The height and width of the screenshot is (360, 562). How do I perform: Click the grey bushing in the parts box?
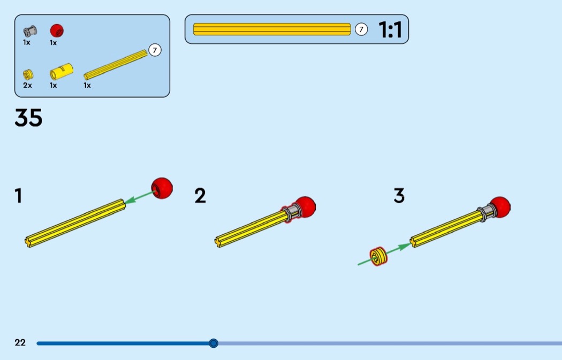pos(30,31)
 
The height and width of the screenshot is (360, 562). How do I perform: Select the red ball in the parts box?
pos(57,30)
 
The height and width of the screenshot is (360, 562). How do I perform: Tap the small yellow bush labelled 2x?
pos(28,74)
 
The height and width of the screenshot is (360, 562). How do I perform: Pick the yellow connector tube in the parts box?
pos(62,71)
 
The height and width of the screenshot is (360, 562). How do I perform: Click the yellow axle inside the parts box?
pos(116,65)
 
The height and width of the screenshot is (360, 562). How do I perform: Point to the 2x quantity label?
pos(27,85)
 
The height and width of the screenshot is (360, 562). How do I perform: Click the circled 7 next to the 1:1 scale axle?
pos(361,29)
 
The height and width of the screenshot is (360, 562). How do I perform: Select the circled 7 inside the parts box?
pos(155,50)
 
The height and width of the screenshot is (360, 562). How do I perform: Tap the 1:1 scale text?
pos(390,29)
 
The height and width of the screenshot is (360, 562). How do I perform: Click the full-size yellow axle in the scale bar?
pos(272,29)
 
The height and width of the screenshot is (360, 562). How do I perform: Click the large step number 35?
pos(28,118)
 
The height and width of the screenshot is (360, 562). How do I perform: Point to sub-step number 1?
pos(18,196)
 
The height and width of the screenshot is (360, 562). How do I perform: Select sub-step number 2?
pos(200,196)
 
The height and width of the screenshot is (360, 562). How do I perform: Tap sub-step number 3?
pos(399,196)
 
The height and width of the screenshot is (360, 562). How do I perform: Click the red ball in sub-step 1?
pos(162,188)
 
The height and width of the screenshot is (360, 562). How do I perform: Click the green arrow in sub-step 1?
pos(140,197)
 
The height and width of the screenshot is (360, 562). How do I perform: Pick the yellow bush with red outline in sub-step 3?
pos(378,256)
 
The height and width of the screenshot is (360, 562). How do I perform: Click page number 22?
pos(20,342)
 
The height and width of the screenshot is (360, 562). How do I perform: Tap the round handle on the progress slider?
pos(213,343)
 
